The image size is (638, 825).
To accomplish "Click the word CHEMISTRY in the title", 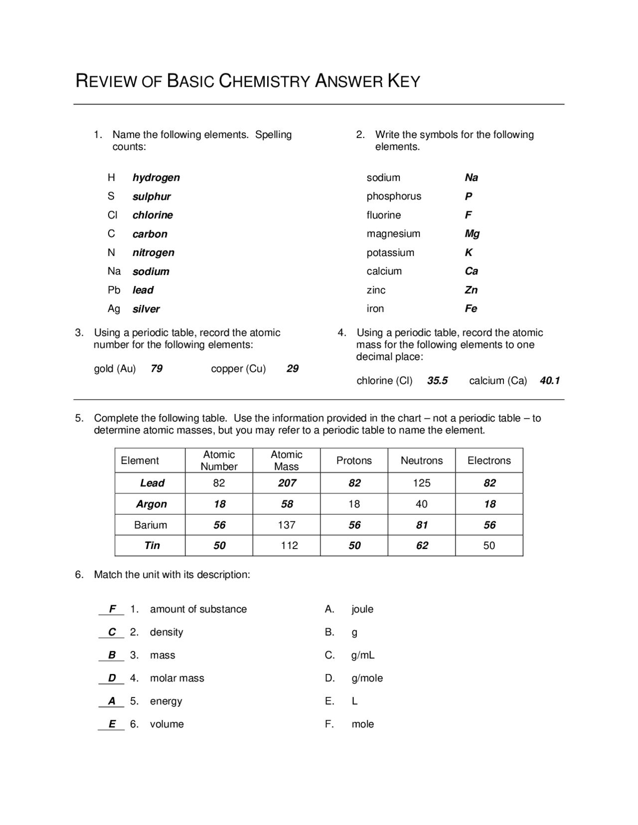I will [x=265, y=81].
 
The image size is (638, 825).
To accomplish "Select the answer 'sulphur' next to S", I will [x=152, y=197].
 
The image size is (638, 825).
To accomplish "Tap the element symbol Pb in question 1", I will [x=114, y=290].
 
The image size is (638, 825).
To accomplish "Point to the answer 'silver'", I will [x=146, y=309].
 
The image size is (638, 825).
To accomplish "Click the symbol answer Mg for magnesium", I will [x=472, y=234].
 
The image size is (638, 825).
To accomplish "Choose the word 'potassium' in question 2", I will [x=390, y=253].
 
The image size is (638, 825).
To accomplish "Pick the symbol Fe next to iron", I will [x=471, y=309].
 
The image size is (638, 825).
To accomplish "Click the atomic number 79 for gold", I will [x=157, y=369].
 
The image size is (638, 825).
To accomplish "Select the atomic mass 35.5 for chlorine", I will [x=437, y=381].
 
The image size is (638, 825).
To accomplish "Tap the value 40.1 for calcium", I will [x=550, y=381].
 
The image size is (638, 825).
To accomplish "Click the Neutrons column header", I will [x=422, y=460].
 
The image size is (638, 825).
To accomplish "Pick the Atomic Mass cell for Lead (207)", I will [x=287, y=483].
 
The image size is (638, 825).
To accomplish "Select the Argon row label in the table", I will [x=152, y=504].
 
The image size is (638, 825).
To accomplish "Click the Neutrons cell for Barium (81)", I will [x=422, y=525].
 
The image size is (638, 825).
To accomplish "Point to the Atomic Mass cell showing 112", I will [x=289, y=546].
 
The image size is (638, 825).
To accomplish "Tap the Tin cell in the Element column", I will [x=152, y=546].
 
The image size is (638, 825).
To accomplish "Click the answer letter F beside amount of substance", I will [x=113, y=609].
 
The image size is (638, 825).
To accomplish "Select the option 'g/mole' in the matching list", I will [x=367, y=678].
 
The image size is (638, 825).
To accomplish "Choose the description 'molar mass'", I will [x=177, y=678].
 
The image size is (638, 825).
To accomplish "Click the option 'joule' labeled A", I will [x=362, y=609].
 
